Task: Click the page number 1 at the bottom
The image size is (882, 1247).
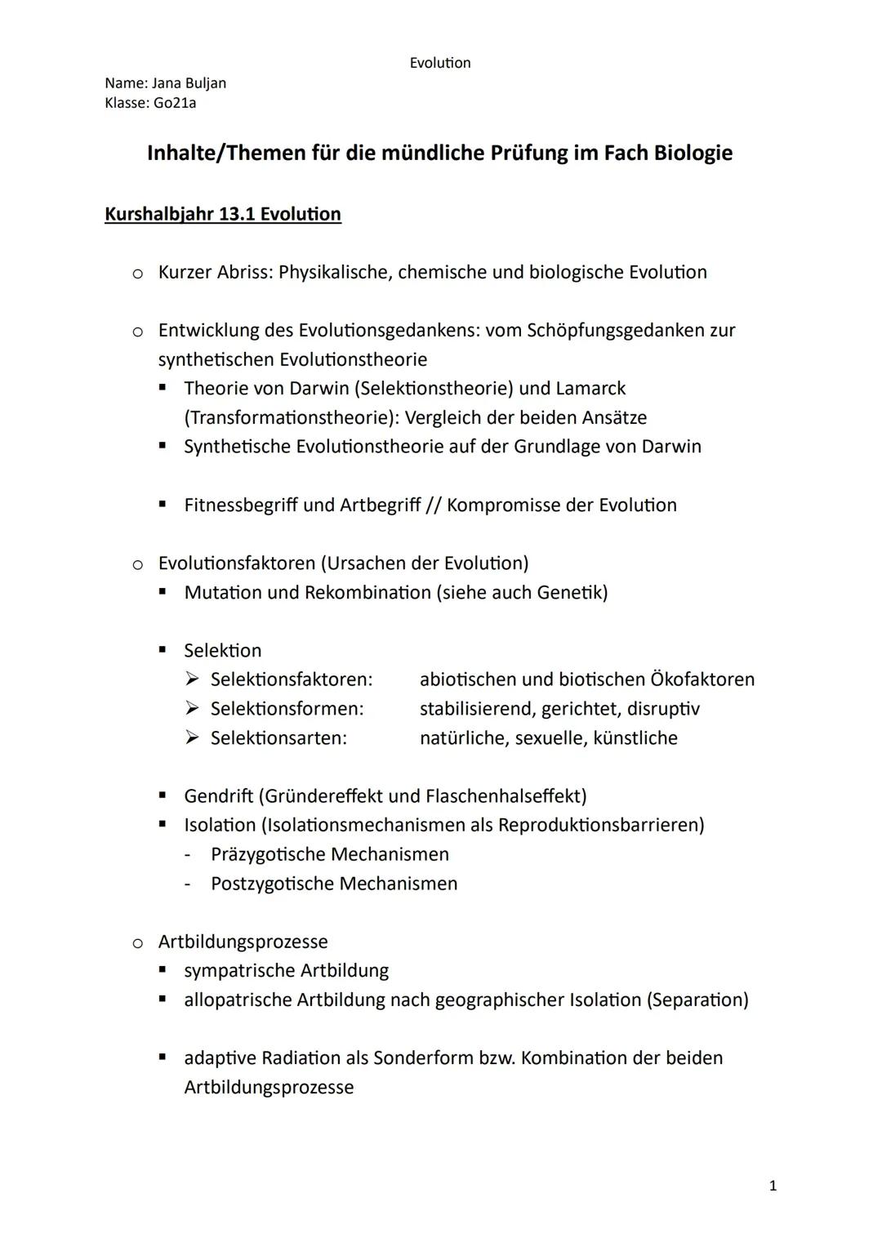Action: (x=773, y=1186)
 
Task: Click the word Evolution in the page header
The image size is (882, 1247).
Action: (x=440, y=63)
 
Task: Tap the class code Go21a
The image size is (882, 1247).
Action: (x=175, y=103)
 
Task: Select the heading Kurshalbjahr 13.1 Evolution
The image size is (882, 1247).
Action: (x=223, y=214)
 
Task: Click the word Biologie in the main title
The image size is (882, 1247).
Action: (x=693, y=153)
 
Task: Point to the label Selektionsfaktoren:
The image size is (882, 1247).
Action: (x=291, y=679)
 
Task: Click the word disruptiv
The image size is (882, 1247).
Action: (x=663, y=709)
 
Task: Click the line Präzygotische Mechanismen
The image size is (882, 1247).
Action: (x=329, y=854)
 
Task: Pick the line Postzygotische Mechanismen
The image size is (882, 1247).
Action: (x=333, y=884)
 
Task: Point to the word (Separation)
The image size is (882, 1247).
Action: (x=697, y=1000)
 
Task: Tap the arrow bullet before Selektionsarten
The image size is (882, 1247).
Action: (x=192, y=738)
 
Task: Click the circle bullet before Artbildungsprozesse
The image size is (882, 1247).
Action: (x=138, y=942)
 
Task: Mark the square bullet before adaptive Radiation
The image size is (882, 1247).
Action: (x=163, y=1058)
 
